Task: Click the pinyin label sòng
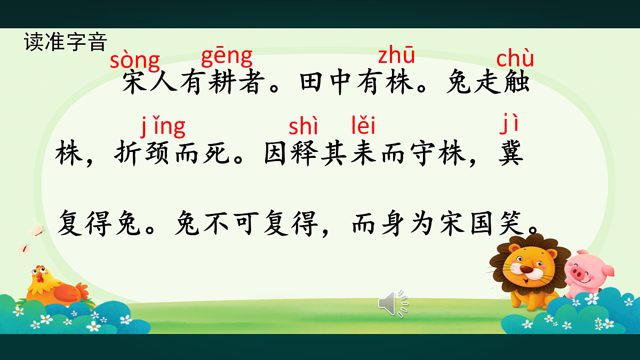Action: click(134, 60)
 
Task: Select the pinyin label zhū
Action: click(396, 55)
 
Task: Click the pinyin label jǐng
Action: click(163, 127)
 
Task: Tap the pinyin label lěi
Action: click(363, 126)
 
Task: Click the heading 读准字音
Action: click(66, 42)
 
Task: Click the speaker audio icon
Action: click(394, 303)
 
